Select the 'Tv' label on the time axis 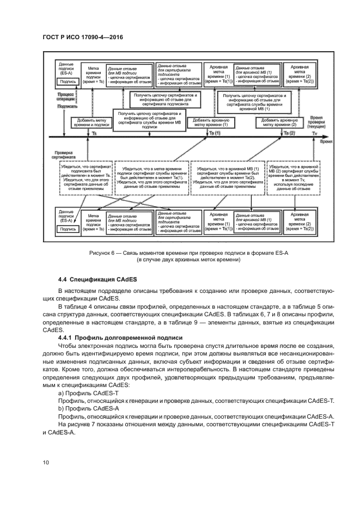pyautogui.click(x=314, y=133)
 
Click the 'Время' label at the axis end pyautogui.click(x=326, y=140)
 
